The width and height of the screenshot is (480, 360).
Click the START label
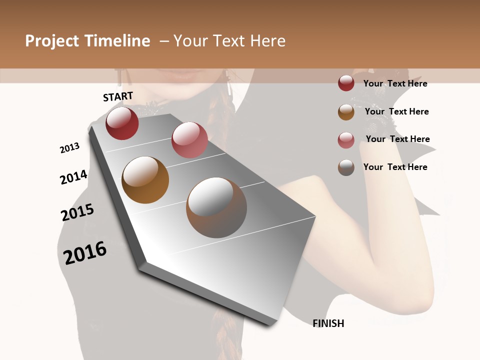pyautogui.click(x=118, y=96)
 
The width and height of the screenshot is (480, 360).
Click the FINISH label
pyautogui.click(x=328, y=323)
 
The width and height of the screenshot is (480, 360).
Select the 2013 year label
pyautogui.click(x=70, y=148)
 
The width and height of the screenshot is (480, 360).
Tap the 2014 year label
pyautogui.click(x=74, y=177)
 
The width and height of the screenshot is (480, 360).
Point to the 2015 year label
pyautogui.click(x=77, y=212)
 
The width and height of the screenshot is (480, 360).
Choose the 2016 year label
pyautogui.click(x=85, y=252)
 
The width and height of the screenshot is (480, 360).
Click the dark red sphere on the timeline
pyautogui.click(x=122, y=123)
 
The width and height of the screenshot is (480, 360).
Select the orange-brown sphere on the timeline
pyautogui.click(x=145, y=180)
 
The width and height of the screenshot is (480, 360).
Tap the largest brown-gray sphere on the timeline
pyautogui.click(x=216, y=207)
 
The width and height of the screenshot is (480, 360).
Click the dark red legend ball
pyautogui.click(x=346, y=83)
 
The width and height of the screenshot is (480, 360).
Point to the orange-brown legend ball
pyautogui.click(x=346, y=112)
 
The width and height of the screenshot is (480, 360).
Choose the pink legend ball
pyautogui.click(x=346, y=139)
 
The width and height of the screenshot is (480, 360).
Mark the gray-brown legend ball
pyautogui.click(x=346, y=167)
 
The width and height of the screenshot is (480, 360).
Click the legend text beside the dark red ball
pyautogui.click(x=395, y=83)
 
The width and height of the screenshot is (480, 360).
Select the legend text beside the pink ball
pyautogui.click(x=397, y=139)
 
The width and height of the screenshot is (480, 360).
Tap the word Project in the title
pyautogui.click(x=51, y=41)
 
